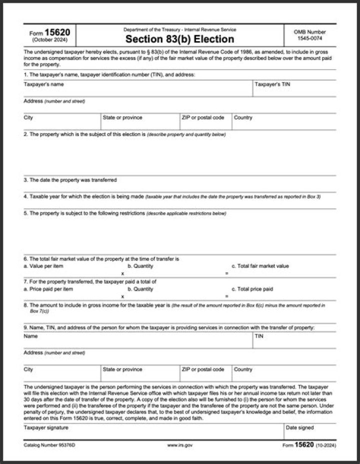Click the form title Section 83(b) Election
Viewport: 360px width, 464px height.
click(179, 39)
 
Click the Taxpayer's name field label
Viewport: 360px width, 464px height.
click(43, 85)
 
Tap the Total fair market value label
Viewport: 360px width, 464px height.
click(260, 266)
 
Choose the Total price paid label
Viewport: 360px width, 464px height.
click(252, 289)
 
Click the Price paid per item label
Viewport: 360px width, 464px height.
click(48, 289)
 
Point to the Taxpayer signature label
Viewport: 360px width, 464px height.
click(46, 428)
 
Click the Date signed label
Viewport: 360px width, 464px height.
click(300, 428)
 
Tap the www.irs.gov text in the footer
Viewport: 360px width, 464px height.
click(179, 444)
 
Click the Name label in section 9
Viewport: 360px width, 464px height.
click(30, 336)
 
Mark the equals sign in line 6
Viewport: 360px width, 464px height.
click(226, 273)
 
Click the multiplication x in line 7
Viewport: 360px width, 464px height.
click(122, 296)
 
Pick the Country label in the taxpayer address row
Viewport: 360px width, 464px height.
click(243, 118)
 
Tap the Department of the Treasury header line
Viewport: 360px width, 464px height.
click(179, 30)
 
